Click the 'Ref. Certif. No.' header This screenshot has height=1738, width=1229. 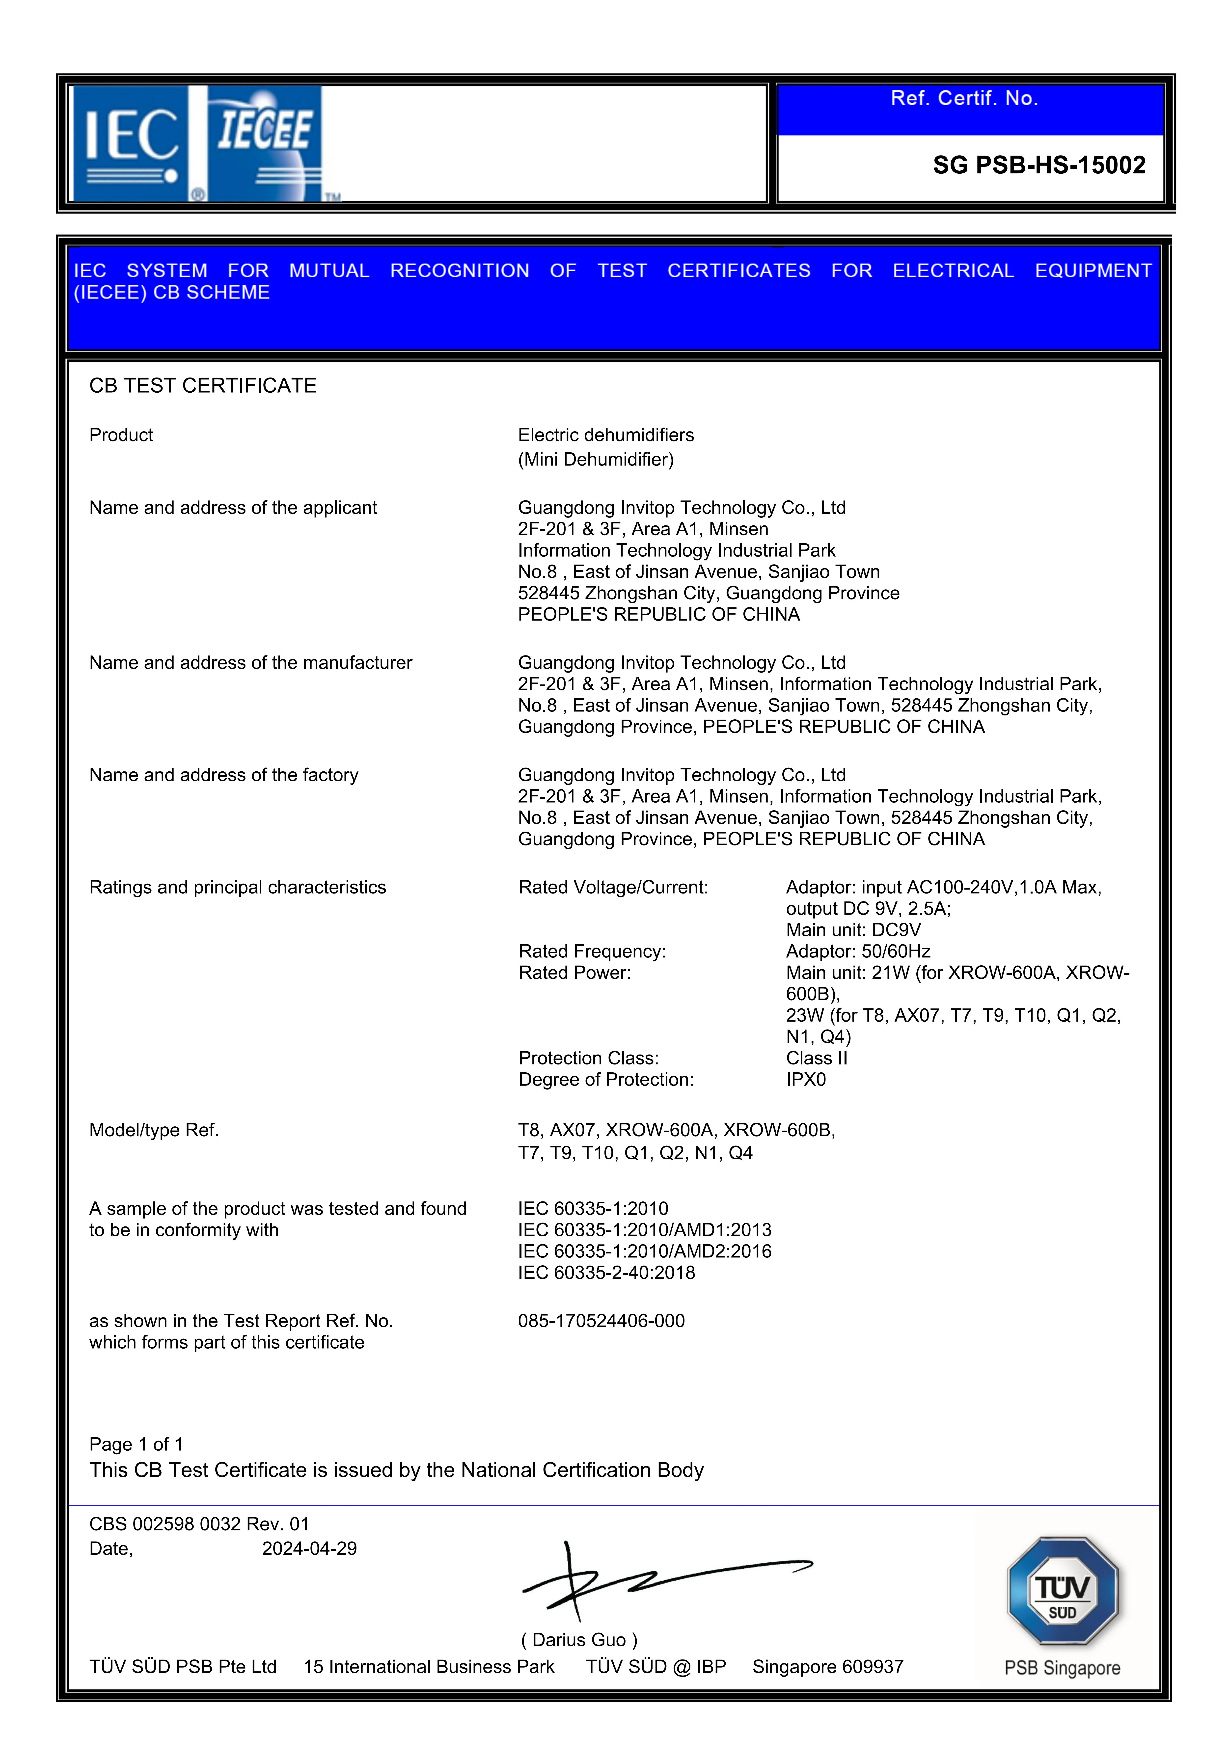964,98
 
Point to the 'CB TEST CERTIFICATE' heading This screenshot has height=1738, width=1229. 203,386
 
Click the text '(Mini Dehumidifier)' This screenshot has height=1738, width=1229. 595,460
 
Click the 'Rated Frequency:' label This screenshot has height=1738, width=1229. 592,951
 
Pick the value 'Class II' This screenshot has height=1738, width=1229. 816,1058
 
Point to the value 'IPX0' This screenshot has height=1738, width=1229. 806,1079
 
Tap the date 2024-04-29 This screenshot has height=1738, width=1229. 309,1549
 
